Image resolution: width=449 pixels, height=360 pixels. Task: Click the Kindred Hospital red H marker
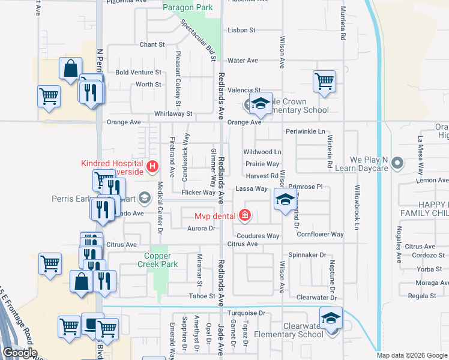[x=152, y=166]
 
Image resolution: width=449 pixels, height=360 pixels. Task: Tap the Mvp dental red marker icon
[x=244, y=215]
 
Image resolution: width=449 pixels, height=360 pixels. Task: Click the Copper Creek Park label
[x=158, y=259]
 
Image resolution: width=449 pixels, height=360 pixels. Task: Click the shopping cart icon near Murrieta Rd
[x=324, y=80]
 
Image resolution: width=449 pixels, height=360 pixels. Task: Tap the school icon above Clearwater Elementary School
[x=330, y=317]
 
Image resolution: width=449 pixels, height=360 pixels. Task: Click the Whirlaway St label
[x=173, y=113]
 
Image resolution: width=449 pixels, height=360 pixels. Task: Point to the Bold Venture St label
[x=139, y=72]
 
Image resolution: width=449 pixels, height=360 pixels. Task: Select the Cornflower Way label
[x=320, y=235]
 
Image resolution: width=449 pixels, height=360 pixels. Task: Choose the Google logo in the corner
[x=20, y=353]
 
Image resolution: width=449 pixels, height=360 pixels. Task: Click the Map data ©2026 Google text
[x=412, y=355]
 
